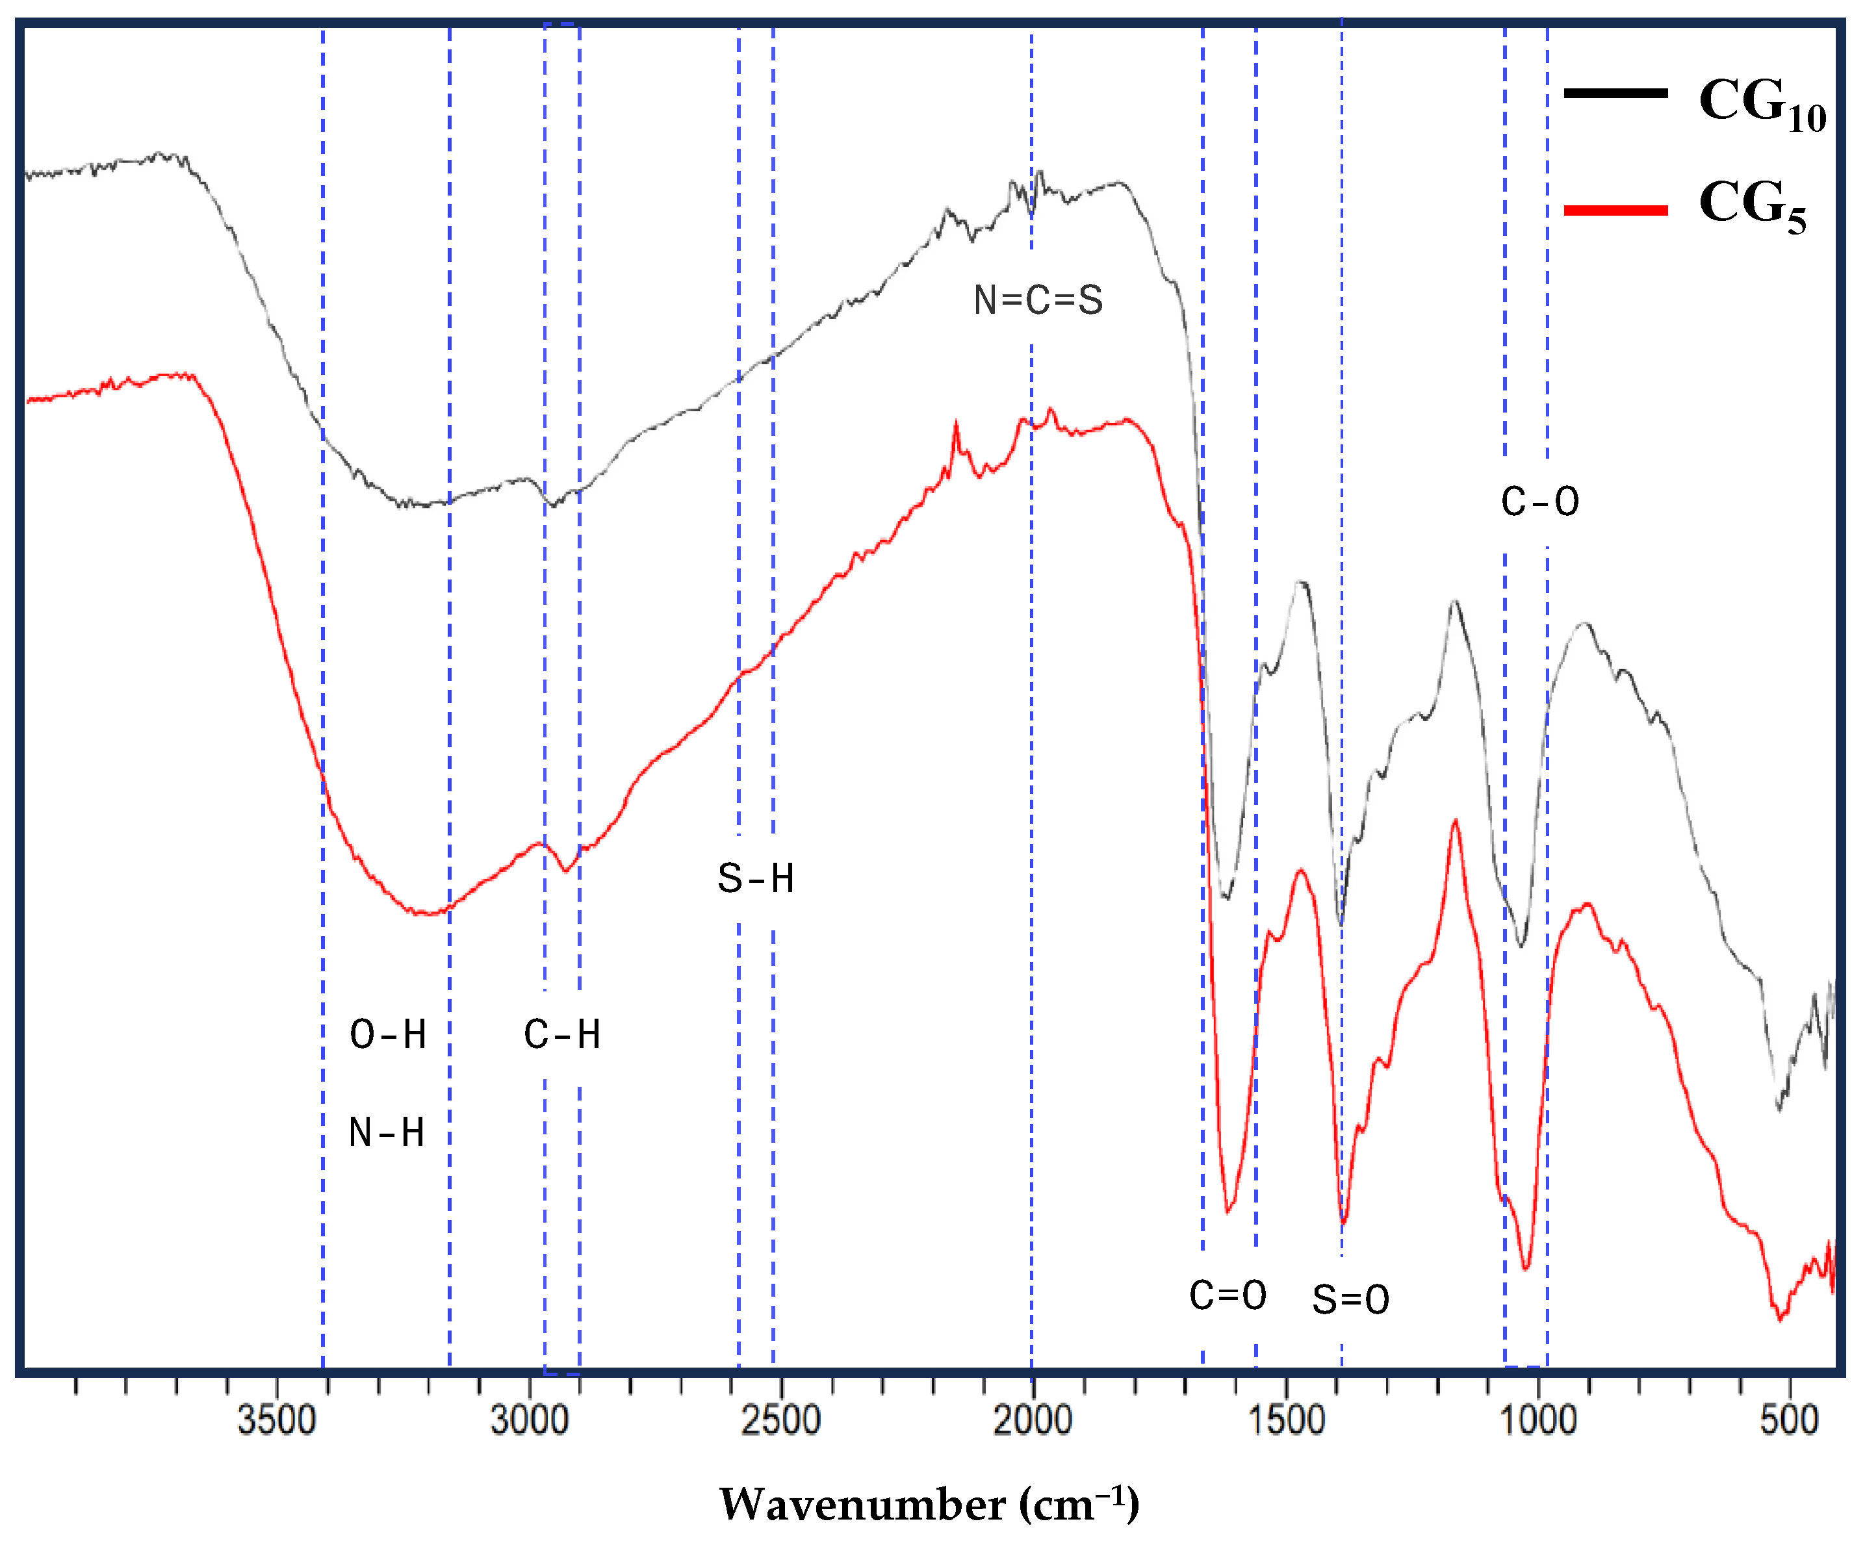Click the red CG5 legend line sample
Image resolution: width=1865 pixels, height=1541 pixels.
(x=1615, y=210)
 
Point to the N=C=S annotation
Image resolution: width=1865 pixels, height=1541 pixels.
(x=1038, y=300)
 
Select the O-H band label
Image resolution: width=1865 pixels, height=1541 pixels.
(x=388, y=1034)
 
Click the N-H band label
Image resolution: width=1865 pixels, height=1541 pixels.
(x=386, y=1132)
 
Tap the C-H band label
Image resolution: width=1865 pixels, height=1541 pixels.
(x=562, y=1034)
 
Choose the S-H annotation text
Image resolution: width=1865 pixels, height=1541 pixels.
(x=755, y=879)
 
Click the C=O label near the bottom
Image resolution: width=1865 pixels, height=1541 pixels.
(x=1227, y=1295)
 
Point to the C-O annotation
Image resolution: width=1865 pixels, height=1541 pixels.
(x=1539, y=502)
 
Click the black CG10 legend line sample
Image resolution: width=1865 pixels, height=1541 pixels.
(x=1615, y=92)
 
